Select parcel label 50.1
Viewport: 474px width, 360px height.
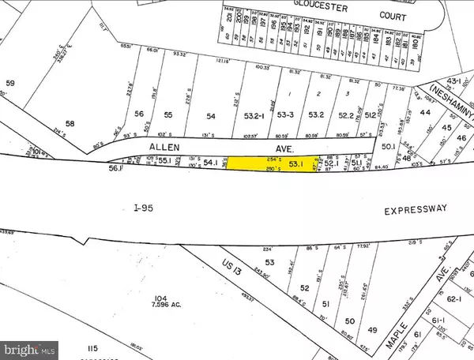(387, 147)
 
